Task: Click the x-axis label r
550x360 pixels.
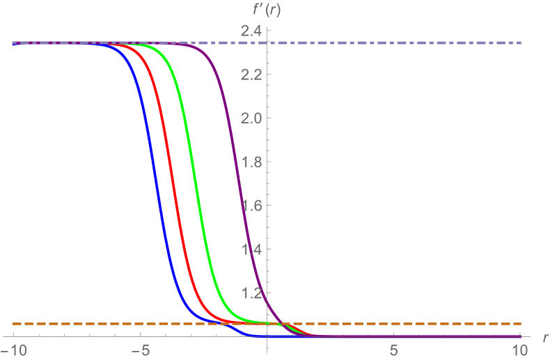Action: [544, 337]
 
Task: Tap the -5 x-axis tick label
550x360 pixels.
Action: [141, 348]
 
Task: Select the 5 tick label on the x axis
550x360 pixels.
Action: [394, 348]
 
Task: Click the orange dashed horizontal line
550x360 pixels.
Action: [418, 323]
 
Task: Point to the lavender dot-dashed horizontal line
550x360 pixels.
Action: [418, 42]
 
